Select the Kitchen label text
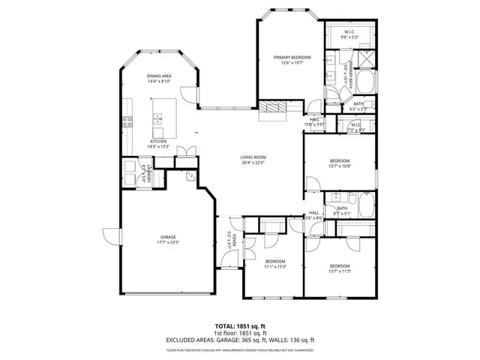tap(158, 143)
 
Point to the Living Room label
tap(253, 160)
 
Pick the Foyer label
tap(232, 241)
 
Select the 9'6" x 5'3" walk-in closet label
tap(350, 34)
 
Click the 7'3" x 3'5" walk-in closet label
tap(356, 128)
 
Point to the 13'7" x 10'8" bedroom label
tap(340, 163)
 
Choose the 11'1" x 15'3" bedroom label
tap(275, 264)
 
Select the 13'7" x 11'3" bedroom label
tap(340, 268)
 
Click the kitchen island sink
tap(159, 118)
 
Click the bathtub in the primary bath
tap(366, 82)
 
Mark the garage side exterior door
tap(111, 236)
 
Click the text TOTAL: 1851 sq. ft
tap(239, 326)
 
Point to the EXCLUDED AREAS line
tap(239, 341)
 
